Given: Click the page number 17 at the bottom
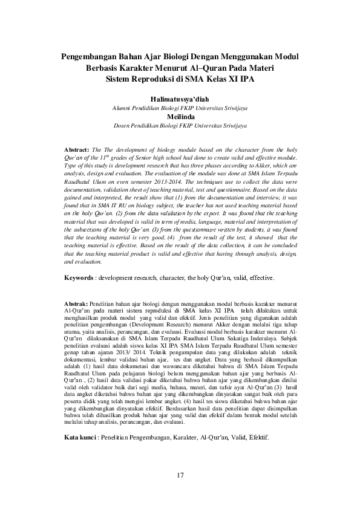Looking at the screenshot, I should pos(180,473).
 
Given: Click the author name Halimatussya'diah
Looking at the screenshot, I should pos(180,98).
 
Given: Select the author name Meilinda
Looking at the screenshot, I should pos(180,116).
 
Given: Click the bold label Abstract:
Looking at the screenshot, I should pos(76,148).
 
